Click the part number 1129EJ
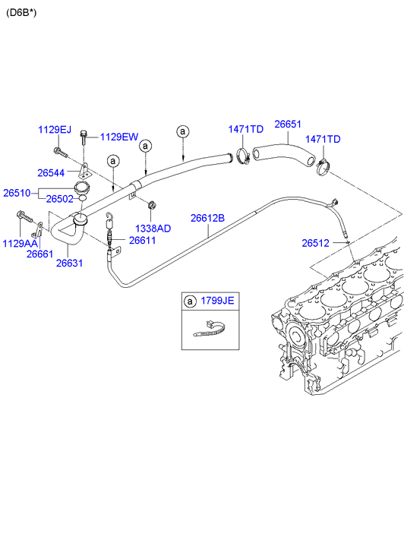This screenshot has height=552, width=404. click(55, 130)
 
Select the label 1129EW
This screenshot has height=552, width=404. click(119, 137)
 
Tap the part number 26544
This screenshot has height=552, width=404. click(51, 173)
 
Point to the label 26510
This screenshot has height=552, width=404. click(17, 194)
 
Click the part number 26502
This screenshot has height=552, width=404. click(59, 199)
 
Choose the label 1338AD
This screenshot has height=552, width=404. click(153, 229)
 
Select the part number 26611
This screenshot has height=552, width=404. click(142, 241)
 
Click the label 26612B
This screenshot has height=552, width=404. click(207, 218)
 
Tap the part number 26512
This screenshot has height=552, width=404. click(315, 243)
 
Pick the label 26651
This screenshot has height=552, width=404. click(288, 125)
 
